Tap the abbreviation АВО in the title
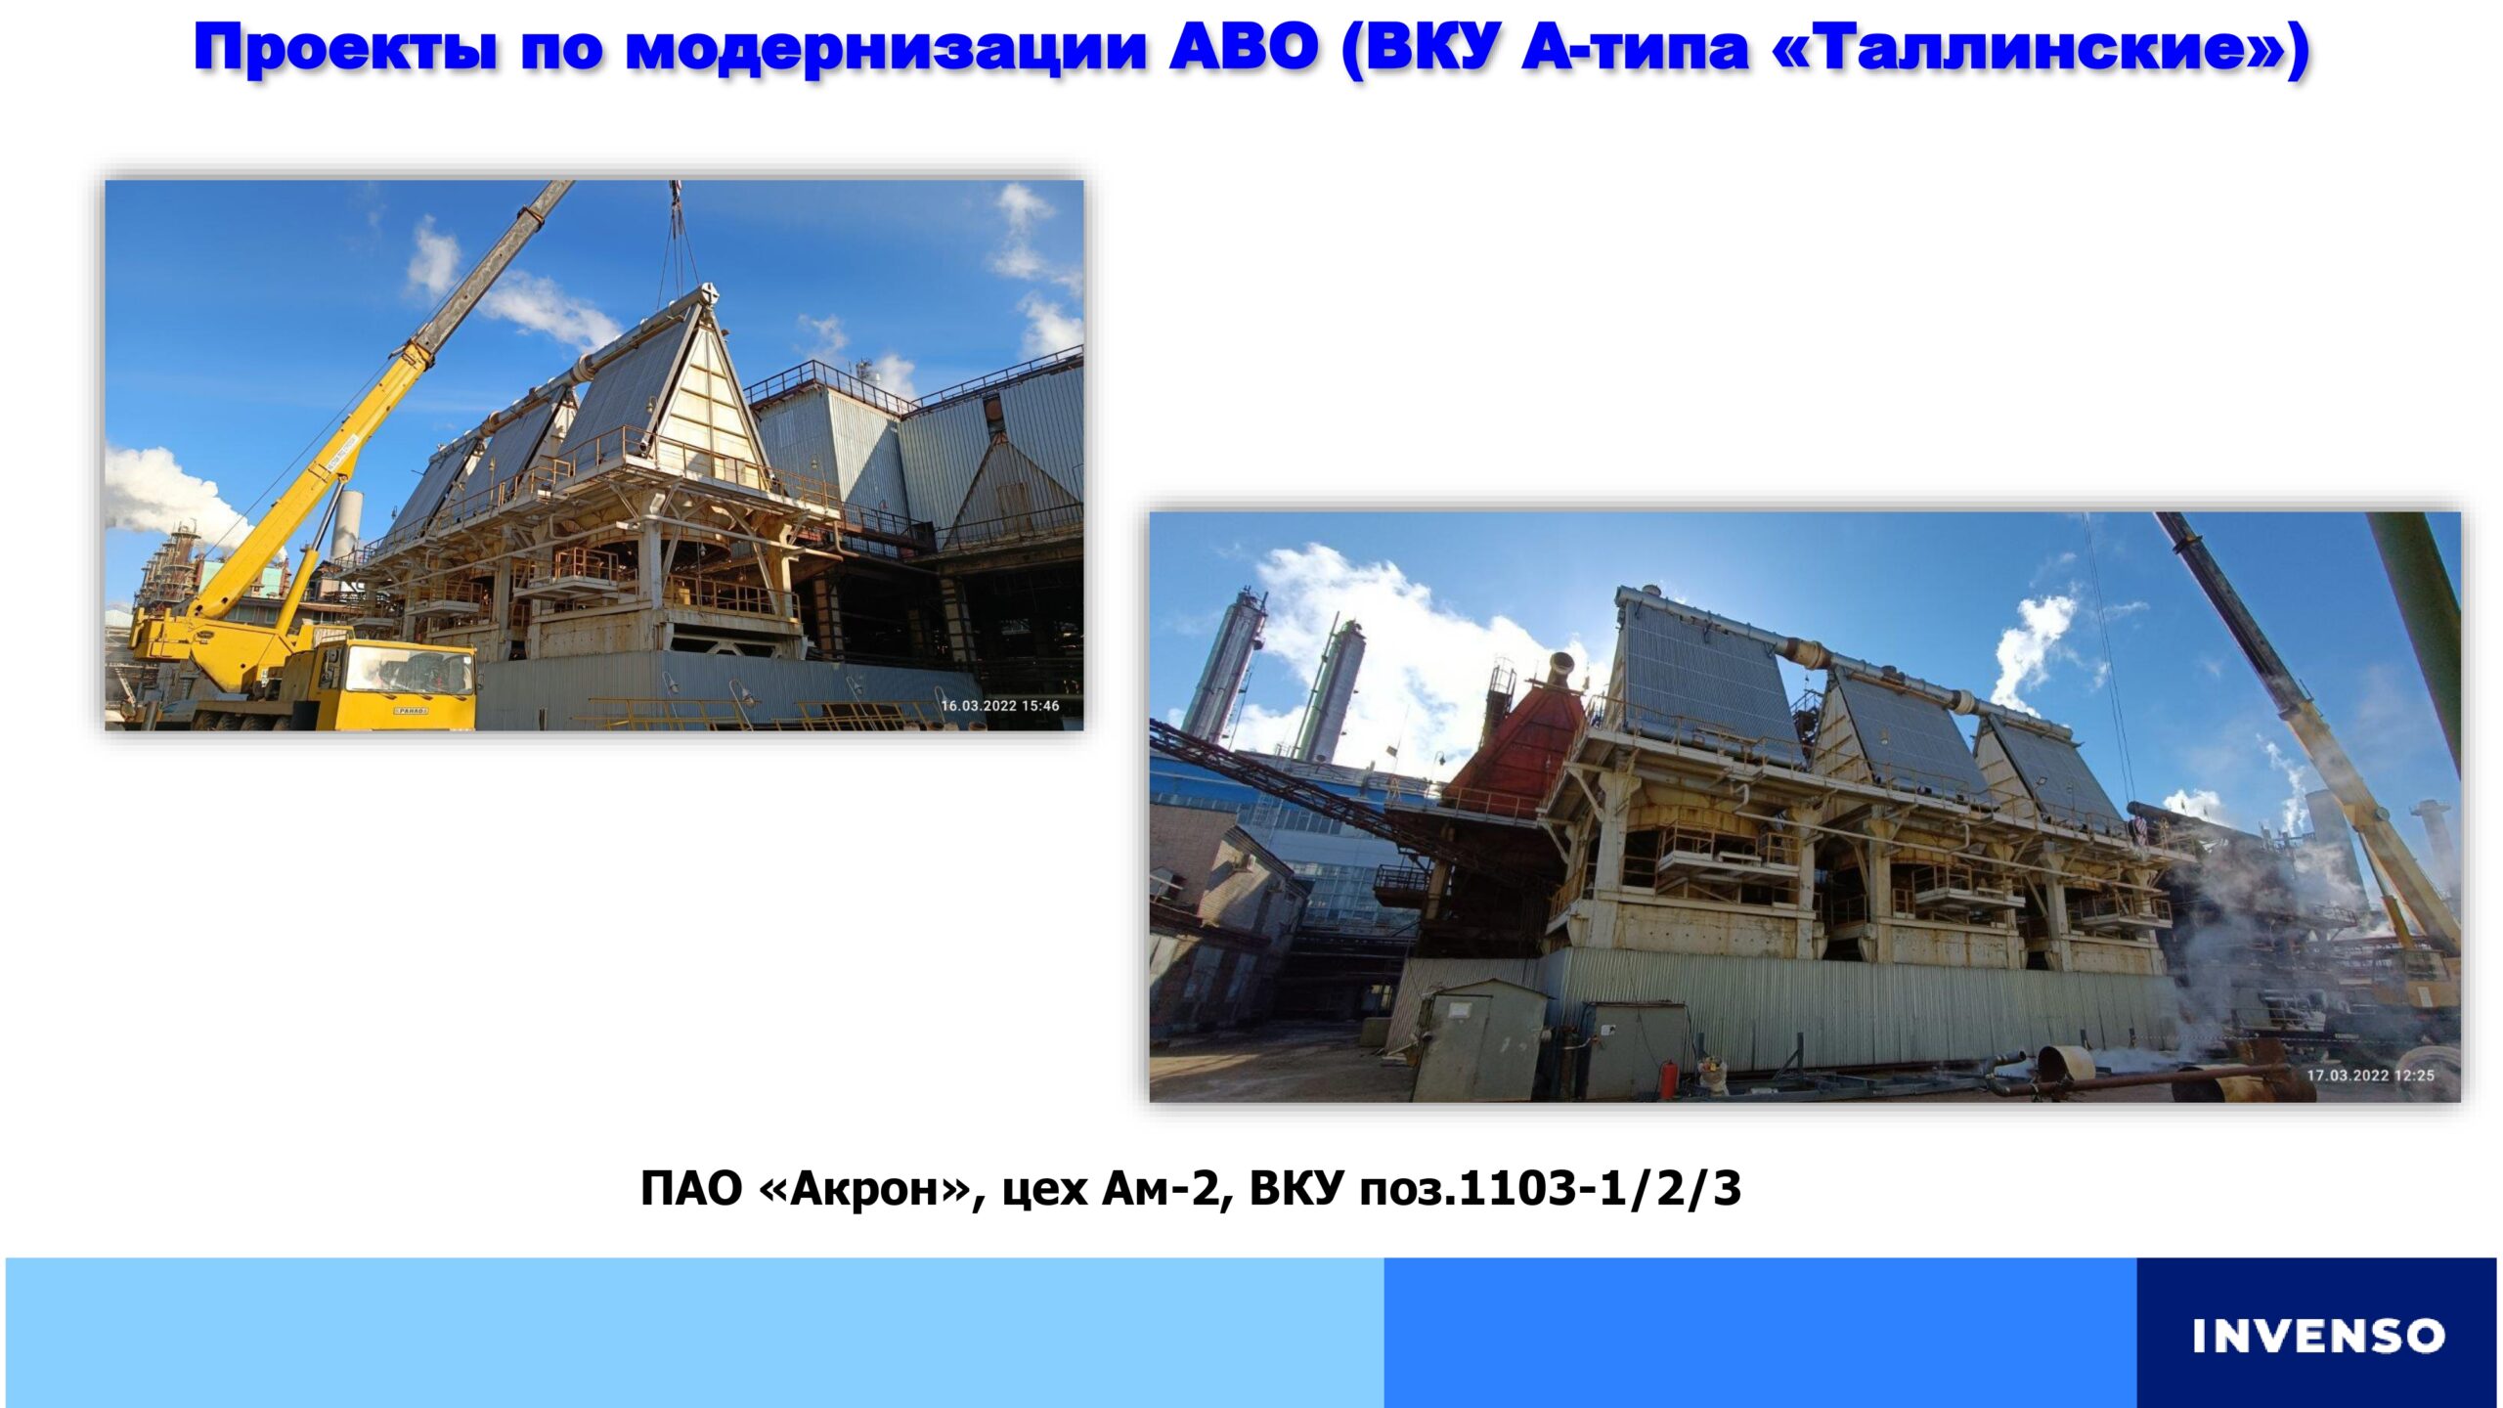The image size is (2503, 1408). (1244, 46)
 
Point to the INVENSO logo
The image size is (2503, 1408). (2317, 1336)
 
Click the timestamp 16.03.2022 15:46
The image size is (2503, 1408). (999, 705)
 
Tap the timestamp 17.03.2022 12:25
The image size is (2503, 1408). (2371, 1075)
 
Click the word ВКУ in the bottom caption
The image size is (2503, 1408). (1295, 1188)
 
